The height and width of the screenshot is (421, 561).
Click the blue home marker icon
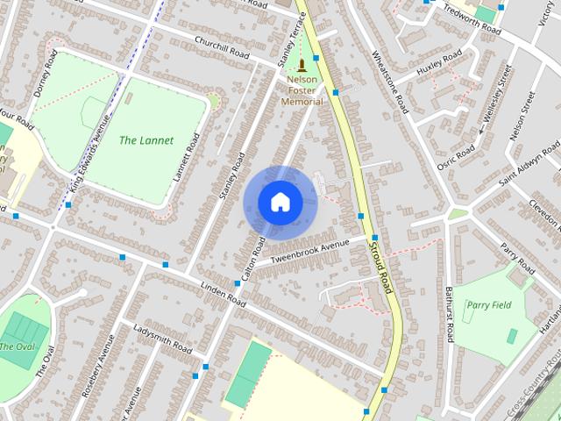click(x=280, y=203)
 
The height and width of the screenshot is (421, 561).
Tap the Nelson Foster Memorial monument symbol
click(x=302, y=66)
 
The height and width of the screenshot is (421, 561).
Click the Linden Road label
click(x=223, y=294)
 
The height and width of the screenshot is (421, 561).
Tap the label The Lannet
click(x=146, y=140)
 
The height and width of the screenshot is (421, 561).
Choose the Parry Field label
click(x=488, y=305)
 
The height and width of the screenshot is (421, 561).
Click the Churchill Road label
click(x=222, y=48)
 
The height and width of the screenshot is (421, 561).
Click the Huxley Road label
click(x=439, y=62)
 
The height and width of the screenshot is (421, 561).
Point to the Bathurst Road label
click(x=448, y=314)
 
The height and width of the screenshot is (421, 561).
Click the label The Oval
click(x=17, y=346)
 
